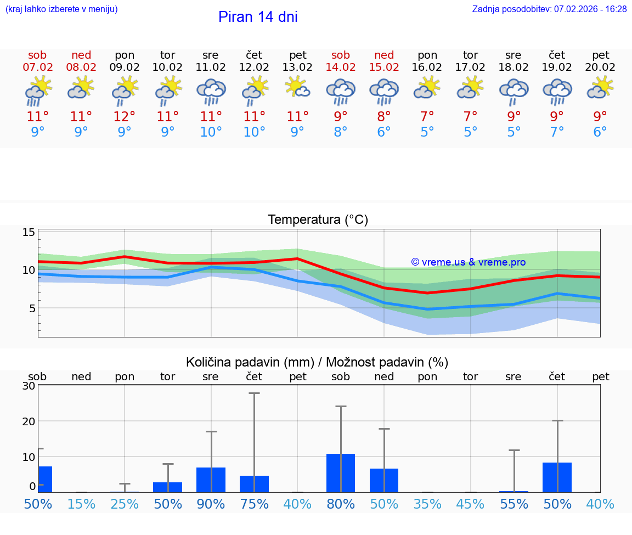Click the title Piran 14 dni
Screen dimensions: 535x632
tap(258, 17)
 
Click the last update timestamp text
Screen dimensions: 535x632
tap(549, 9)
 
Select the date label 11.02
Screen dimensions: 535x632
tap(211, 67)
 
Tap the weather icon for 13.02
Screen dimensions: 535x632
tap(297, 88)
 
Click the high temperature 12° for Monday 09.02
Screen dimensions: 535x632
tap(125, 117)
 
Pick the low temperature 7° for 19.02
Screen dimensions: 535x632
tap(557, 132)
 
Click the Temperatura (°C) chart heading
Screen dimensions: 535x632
tap(318, 220)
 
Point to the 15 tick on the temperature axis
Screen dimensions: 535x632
tap(29, 233)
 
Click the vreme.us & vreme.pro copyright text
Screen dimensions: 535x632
tap(468, 262)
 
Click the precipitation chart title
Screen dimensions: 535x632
tap(317, 362)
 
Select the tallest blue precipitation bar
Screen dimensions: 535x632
tap(341, 473)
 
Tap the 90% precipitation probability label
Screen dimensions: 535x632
tap(211, 504)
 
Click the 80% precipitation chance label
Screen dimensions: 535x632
tap(341, 504)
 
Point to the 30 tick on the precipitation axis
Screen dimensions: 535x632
tap(29, 386)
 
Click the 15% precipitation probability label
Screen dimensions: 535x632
tap(81, 504)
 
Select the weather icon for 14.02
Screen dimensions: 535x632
tap(341, 91)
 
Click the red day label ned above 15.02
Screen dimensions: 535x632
tap(384, 55)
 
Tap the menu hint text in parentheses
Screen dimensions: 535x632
tap(61, 9)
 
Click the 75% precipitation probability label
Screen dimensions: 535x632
tap(254, 504)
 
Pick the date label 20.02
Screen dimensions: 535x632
tap(600, 67)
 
